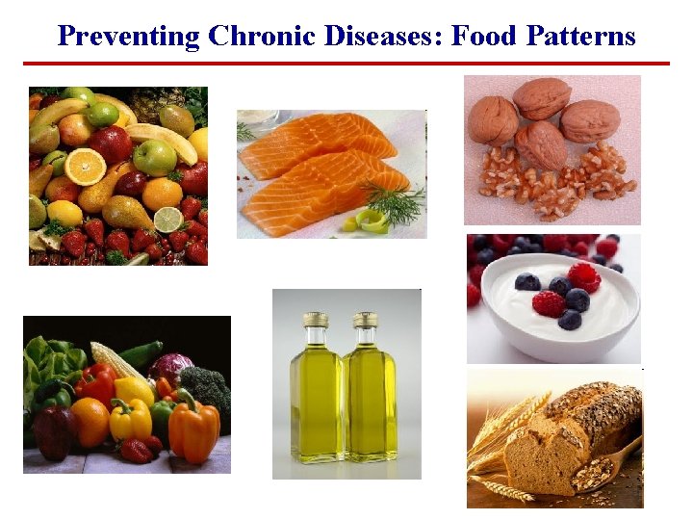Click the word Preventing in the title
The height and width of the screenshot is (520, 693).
tap(127, 37)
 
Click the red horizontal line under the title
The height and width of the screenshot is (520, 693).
tap(346, 64)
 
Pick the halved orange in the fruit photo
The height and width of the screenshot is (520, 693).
tap(86, 166)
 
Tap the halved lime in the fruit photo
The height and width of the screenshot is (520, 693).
tap(168, 219)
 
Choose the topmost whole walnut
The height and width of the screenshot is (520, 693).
tap(541, 97)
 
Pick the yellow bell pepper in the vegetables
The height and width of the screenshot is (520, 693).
tap(131, 419)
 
